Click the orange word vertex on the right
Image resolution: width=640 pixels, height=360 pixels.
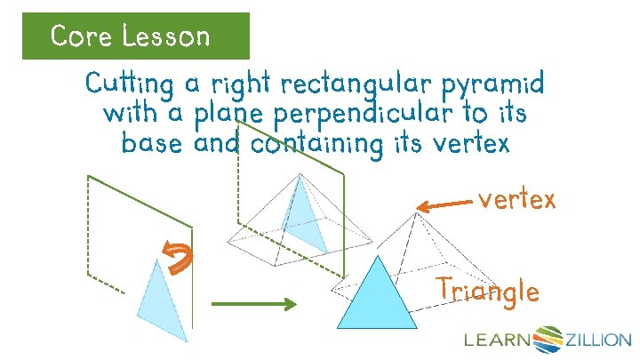(x=516, y=200)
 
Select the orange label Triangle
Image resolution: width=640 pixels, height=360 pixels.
(x=487, y=291)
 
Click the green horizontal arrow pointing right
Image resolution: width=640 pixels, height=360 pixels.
(x=252, y=305)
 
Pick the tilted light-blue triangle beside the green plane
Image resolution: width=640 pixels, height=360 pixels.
(x=164, y=299)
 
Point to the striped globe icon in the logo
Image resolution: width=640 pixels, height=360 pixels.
(x=549, y=338)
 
